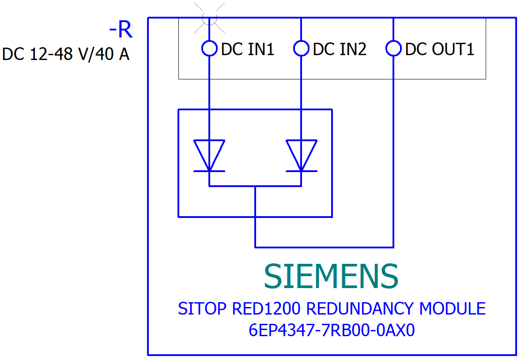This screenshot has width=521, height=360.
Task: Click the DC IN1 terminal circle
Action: tap(209, 48)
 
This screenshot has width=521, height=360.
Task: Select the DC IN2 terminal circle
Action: tap(301, 48)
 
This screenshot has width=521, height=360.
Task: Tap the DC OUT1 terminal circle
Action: tap(393, 48)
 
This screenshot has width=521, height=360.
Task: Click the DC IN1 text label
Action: tap(248, 49)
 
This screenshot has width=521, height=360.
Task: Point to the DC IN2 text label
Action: tap(340, 49)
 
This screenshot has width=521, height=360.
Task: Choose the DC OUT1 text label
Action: tap(439, 49)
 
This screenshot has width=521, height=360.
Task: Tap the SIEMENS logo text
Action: tap(331, 277)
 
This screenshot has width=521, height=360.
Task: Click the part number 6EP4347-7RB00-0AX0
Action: tap(332, 330)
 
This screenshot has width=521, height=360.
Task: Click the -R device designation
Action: tap(121, 30)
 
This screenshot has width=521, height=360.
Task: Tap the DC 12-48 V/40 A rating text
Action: tap(66, 54)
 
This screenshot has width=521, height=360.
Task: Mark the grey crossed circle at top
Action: tap(209, 18)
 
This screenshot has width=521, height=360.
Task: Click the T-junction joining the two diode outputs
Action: tap(255, 186)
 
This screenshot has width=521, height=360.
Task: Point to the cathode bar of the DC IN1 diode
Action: tap(209, 171)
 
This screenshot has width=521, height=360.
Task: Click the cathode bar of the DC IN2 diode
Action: tap(301, 171)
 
